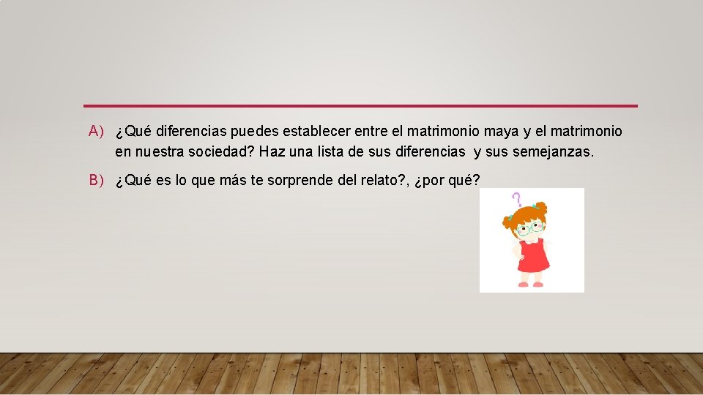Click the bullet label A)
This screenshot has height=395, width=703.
tap(97, 132)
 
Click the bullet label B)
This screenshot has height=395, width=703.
tap(97, 181)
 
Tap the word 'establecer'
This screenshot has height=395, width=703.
tap(316, 132)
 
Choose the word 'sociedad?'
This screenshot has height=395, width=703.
tap(219, 153)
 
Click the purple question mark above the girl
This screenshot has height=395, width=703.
tap(517, 198)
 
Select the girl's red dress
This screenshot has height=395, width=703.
tap(534, 257)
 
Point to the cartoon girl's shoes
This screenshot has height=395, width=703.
tap(531, 284)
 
